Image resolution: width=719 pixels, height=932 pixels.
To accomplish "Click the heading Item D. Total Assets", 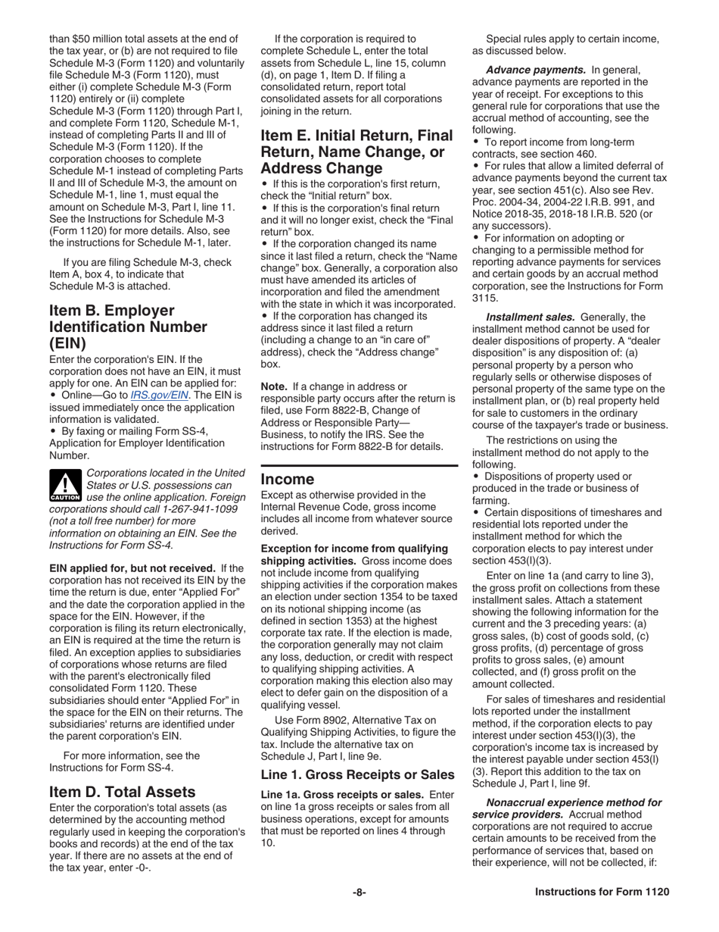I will point(122,792).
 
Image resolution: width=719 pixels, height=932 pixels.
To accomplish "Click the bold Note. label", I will point(274,386).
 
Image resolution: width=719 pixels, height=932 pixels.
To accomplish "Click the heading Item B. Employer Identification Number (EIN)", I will point(128,327).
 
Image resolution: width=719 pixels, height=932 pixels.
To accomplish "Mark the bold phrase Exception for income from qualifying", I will point(353,548).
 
